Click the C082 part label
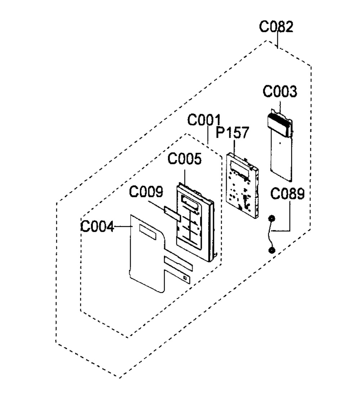pyautogui.click(x=276, y=27)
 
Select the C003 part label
pyautogui.click(x=280, y=92)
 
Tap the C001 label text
pyautogui.click(x=204, y=120)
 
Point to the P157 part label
pyautogui.click(x=232, y=133)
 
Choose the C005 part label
pyautogui.click(x=185, y=160)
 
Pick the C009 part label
pyautogui.click(x=146, y=192)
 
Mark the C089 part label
pyautogui.click(x=287, y=194)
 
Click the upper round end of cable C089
pyautogui.click(x=272, y=218)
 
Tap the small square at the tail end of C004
pyautogui.click(x=185, y=277)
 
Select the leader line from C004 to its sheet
pyautogui.click(x=123, y=226)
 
